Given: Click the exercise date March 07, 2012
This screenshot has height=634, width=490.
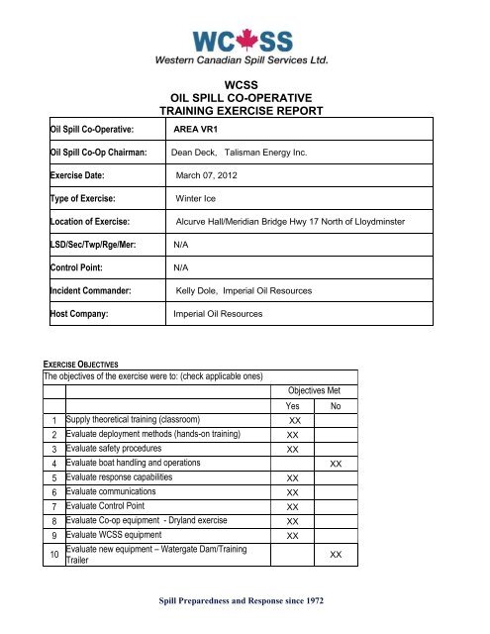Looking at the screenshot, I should click(214, 174).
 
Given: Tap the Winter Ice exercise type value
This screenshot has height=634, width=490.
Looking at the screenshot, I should click(196, 198).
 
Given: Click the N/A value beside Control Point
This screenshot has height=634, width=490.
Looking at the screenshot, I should click(182, 266).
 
